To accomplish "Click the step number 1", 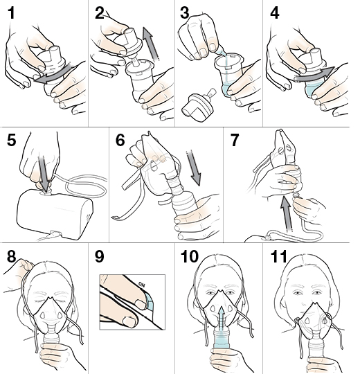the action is click(x=11, y=13).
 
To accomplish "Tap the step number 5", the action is click(x=12, y=140).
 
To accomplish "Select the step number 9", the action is click(x=99, y=256).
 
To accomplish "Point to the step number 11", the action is click(x=278, y=256).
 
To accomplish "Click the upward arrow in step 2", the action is click(x=151, y=43).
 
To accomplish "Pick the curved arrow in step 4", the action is click(x=314, y=74).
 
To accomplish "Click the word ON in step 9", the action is click(x=142, y=285).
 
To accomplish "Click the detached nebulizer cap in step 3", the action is click(x=197, y=105).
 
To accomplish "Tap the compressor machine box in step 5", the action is click(x=55, y=214).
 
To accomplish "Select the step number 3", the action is click(x=185, y=13).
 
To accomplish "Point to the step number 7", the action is click(x=234, y=140).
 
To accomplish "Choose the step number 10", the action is click(x=190, y=256).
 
